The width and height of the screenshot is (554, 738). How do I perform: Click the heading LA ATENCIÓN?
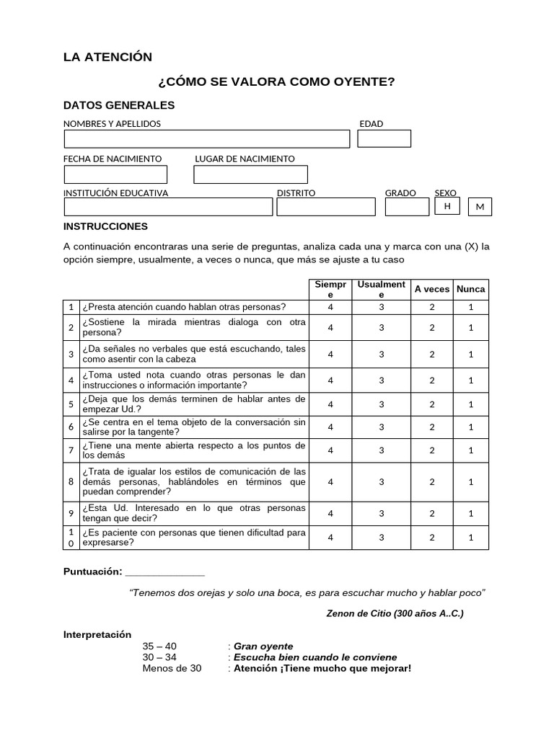coord(107,57)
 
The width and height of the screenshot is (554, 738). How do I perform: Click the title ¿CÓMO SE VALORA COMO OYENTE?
coord(277,81)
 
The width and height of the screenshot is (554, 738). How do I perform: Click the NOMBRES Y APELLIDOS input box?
coord(206,138)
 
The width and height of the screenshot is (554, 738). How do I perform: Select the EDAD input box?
coord(384,138)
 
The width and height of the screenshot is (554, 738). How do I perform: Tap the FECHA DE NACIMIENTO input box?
coord(115,174)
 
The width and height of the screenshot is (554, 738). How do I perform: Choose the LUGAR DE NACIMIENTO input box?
coord(250,174)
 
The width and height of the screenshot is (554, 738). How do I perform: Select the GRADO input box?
coord(407,207)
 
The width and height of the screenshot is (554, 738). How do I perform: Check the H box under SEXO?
coord(447,206)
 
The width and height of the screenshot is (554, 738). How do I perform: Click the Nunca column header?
coord(471,289)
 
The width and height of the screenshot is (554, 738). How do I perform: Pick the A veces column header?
coord(432,289)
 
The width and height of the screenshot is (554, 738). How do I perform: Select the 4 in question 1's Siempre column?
coord(330,307)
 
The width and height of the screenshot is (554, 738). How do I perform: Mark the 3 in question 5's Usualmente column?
coord(382,404)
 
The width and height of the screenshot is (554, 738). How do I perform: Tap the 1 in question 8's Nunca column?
coord(471,481)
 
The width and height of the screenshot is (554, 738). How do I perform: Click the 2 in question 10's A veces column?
coord(432,537)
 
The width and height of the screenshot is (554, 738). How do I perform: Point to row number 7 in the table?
coord(71,450)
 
